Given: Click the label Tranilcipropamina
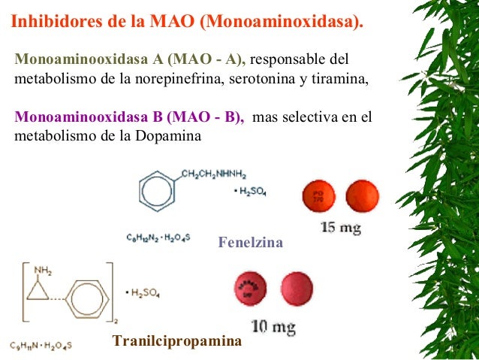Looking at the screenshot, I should pos(177,341).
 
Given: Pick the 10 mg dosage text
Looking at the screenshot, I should pos(273,327).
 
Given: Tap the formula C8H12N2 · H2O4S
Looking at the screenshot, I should pos(158,237).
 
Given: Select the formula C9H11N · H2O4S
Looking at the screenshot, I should pos(41,346).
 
